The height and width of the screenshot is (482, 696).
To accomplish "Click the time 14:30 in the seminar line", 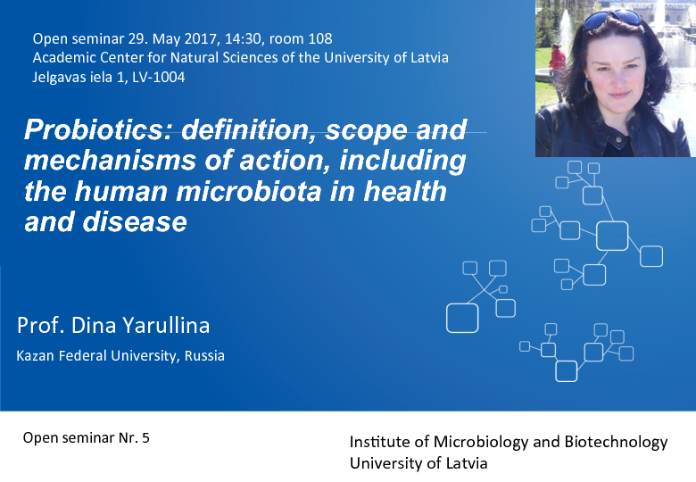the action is pyautogui.click(x=243, y=39).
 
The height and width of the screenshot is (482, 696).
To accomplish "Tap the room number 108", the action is pyautogui.click(x=320, y=38).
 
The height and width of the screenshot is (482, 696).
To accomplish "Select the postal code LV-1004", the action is pyautogui.click(x=158, y=78).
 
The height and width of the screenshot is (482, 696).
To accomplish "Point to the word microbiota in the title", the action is pyautogui.click(x=249, y=191).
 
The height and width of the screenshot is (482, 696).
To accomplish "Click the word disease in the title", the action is pyautogui.click(x=135, y=222).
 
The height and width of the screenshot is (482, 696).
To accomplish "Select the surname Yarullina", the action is pyautogui.click(x=166, y=325).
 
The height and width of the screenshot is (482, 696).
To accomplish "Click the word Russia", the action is pyautogui.click(x=204, y=355).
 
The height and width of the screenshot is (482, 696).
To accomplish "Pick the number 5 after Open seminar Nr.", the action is pyautogui.click(x=145, y=438).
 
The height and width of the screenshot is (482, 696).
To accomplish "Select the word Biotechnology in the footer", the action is pyautogui.click(x=616, y=442).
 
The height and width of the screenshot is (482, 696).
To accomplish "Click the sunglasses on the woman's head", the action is pyautogui.click(x=612, y=19).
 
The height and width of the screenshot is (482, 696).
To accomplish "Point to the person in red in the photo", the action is pyautogui.click(x=557, y=67).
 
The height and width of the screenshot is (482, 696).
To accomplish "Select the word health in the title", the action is pyautogui.click(x=405, y=191).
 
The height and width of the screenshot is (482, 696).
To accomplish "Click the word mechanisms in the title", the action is pyautogui.click(x=110, y=161).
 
